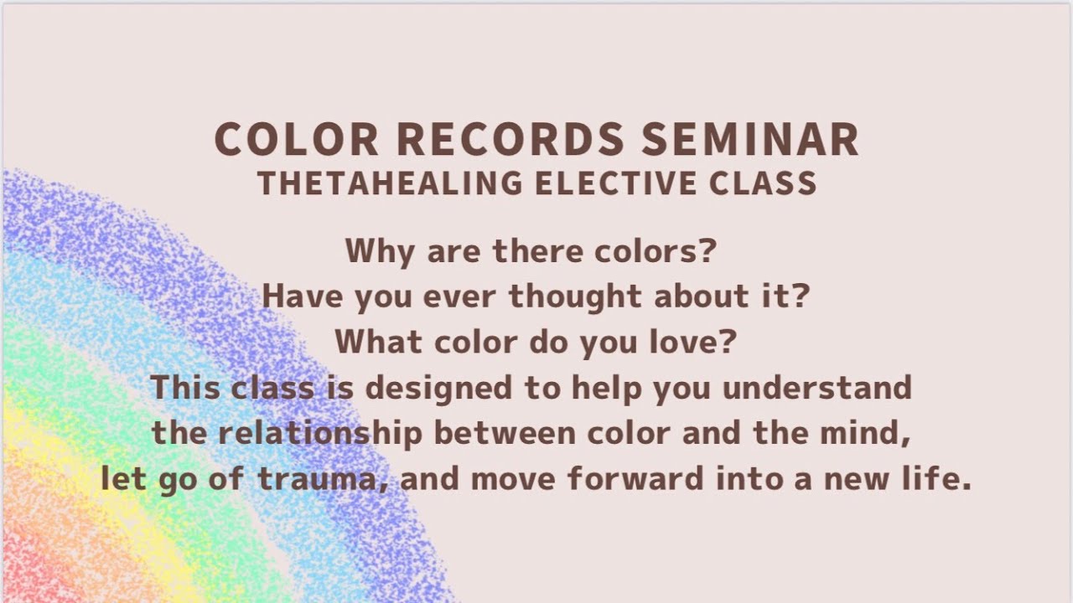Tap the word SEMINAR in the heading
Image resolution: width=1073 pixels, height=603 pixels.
tap(750, 140)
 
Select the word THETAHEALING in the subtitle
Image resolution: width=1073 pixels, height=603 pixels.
tap(391, 183)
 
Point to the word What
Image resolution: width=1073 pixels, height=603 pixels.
tap(373, 343)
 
